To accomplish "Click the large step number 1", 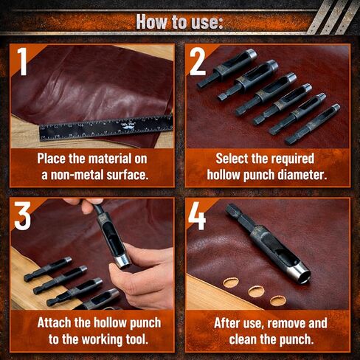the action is (x=23, y=61).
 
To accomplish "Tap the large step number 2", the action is (x=198, y=61).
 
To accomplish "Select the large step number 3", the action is (x=22, y=215).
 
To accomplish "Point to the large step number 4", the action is (x=197, y=216).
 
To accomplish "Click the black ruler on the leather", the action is (x=106, y=128).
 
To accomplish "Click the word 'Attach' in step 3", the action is (x=55, y=322).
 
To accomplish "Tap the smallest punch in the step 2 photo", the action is (x=313, y=125).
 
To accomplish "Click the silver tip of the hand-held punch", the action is (x=123, y=261).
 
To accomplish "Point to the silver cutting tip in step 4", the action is (x=300, y=274).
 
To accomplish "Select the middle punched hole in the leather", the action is (x=256, y=291).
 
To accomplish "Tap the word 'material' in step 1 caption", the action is (x=106, y=159).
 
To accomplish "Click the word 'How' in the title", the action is (x=152, y=22).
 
